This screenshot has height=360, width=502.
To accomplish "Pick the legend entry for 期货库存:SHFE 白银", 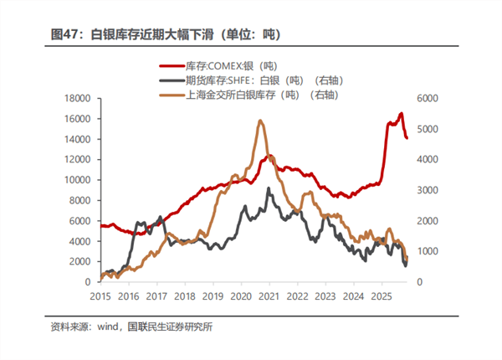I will click(251, 80).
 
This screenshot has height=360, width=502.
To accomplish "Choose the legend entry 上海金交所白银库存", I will click(251, 95).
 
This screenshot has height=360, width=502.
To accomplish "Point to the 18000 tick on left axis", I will click(77, 98).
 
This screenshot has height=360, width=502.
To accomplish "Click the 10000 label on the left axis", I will click(77, 179).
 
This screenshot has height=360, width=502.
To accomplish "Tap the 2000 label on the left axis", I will click(79, 261).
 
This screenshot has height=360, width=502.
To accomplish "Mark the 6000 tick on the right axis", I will click(427, 98).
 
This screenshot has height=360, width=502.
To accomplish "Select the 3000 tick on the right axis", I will click(427, 190).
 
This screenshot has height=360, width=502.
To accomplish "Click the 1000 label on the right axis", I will click(427, 251).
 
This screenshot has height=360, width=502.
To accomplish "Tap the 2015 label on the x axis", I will click(100, 296).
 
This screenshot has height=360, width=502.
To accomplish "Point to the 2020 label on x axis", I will click(240, 296).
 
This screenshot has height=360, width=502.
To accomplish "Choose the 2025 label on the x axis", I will click(381, 296).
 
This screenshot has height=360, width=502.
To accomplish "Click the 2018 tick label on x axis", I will click(184, 296).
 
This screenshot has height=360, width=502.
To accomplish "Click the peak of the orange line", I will click(260, 121).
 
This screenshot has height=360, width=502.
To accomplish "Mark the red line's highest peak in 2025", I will click(401, 113).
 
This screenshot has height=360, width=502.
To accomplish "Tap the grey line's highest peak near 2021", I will click(269, 188).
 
